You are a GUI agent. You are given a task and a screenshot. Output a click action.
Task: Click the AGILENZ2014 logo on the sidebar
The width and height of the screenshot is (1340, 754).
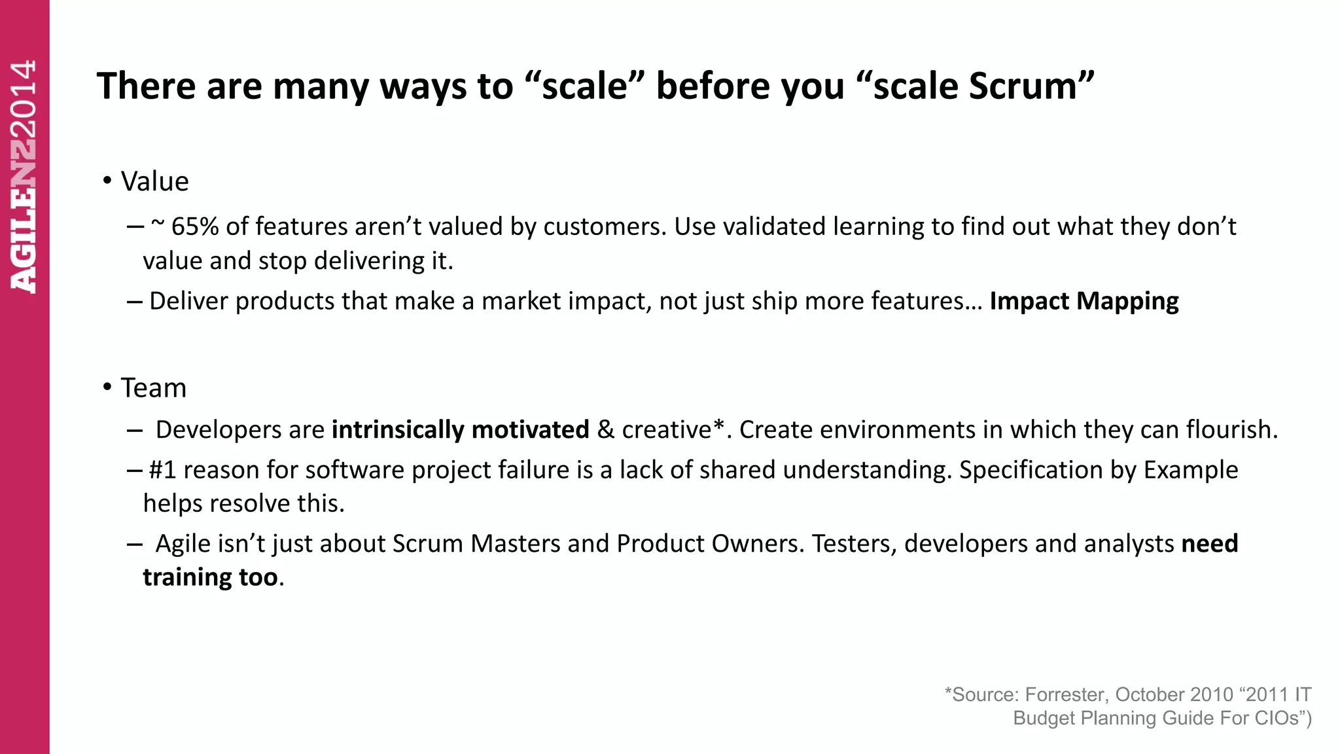point(24,177)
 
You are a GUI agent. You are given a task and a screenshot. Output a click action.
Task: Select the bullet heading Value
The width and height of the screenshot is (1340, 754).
point(154,182)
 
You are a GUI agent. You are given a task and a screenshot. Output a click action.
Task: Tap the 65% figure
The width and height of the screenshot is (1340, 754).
point(194,226)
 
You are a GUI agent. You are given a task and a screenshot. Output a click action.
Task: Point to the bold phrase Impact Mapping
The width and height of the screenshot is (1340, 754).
point(1084,301)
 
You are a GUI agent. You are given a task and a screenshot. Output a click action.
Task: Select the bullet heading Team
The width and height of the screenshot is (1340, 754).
point(153,388)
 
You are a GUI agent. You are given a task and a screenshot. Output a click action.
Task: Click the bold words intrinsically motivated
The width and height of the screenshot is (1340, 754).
point(460,430)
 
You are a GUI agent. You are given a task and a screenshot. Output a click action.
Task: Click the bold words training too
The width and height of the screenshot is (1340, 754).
point(210,577)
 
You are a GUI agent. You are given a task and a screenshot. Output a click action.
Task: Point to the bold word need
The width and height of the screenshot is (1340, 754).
point(1209,544)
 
